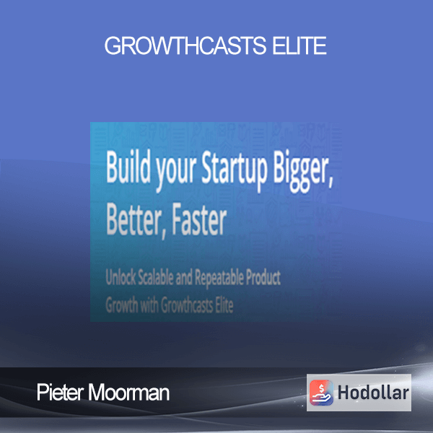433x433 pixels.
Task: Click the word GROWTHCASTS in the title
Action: pos(185,45)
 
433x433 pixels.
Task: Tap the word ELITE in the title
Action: pos(299,45)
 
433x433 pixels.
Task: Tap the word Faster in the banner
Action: pos(199,219)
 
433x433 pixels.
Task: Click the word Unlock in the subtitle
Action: pos(121,277)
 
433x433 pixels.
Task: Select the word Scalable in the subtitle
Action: pos(156,277)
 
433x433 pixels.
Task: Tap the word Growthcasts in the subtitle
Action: pos(187,305)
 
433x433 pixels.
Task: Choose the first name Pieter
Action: pos(60,392)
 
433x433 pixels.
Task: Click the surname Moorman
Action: pos(128,393)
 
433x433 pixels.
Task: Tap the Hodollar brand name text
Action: pos(373,393)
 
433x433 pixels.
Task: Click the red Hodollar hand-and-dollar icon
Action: pos(321,393)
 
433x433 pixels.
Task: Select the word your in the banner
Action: pos(176,172)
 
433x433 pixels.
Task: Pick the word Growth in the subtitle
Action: pos(122,305)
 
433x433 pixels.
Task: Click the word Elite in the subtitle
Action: pos(224,305)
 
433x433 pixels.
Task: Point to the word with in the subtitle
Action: pos(149,305)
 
